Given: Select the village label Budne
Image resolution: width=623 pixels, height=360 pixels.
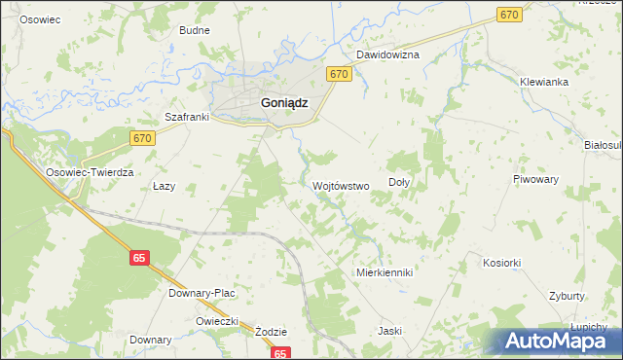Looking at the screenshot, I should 195,30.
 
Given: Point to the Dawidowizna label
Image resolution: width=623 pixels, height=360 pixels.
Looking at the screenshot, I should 386,54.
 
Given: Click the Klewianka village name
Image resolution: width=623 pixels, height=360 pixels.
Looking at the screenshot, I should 543,82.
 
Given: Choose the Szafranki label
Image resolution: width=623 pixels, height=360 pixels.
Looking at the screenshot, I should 189,117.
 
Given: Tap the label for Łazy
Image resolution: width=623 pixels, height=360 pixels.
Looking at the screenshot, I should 164,186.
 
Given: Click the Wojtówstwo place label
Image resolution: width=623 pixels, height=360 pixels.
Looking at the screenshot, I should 340,185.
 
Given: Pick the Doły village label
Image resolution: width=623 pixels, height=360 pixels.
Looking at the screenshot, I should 399,182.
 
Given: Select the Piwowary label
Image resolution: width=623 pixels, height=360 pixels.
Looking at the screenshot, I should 535,180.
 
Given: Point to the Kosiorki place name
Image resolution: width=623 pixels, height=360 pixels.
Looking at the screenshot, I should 502,263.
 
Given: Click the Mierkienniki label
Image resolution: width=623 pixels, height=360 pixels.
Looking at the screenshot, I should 385,272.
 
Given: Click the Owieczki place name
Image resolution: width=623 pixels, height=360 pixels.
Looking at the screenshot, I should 217,320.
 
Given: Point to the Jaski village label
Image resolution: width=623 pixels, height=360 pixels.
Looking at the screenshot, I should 390,331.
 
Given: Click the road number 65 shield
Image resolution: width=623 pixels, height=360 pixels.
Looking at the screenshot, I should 140,258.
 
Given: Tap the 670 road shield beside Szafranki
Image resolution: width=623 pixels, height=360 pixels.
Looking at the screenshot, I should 143,138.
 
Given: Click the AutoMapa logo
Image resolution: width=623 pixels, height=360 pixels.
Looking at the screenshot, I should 556,341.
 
